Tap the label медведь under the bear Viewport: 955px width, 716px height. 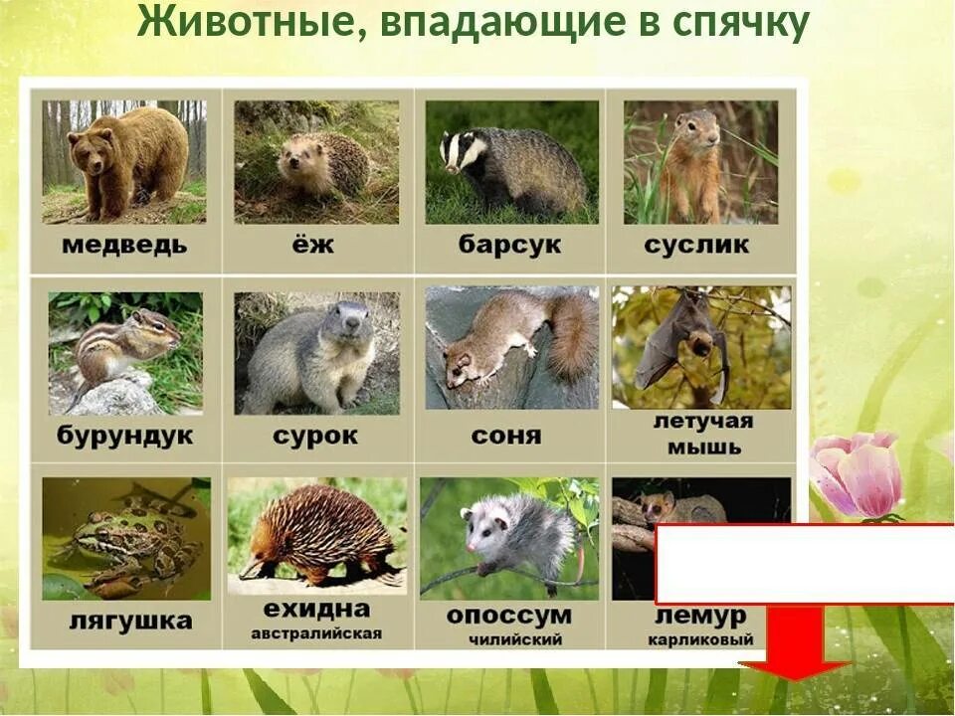(124, 246)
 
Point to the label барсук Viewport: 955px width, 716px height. (510, 245)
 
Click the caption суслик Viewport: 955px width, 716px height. (696, 245)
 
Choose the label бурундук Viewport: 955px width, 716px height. (125, 437)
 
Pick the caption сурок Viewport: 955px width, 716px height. (315, 437)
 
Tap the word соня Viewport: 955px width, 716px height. (507, 437)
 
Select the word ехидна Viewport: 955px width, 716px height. (316, 609)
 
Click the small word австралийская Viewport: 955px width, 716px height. (316, 634)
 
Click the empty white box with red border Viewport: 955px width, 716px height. (805, 563)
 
